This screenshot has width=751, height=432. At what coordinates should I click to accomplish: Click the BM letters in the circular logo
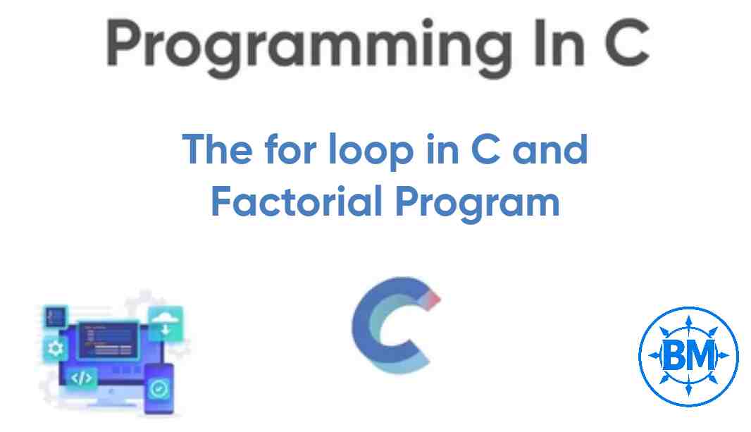point(688,356)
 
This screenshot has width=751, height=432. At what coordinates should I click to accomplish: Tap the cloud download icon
point(165,322)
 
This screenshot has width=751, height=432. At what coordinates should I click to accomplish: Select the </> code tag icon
point(82,378)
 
